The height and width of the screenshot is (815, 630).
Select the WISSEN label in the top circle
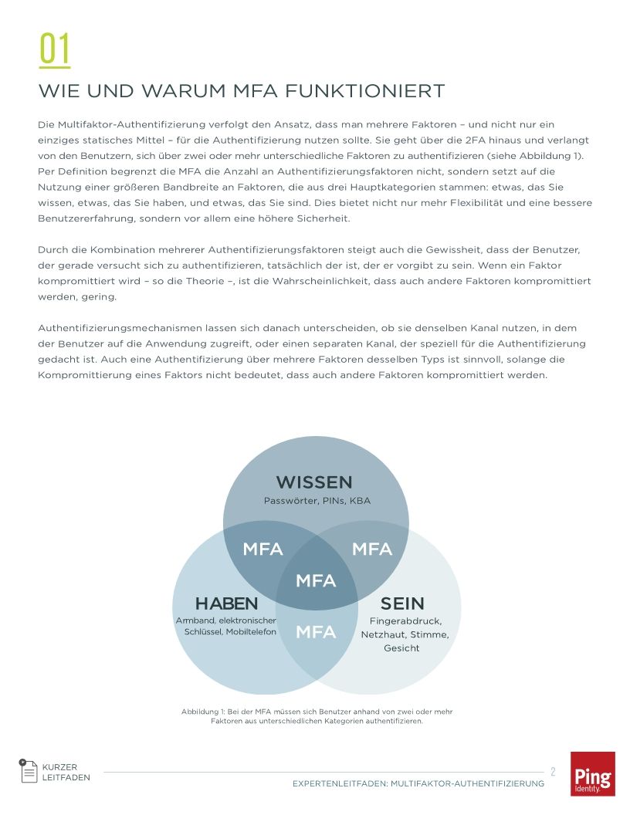[x=314, y=482]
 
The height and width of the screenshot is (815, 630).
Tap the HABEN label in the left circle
[x=226, y=603]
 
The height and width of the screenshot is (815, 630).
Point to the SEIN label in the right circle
[x=402, y=603]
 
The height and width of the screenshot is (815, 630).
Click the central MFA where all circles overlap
[x=316, y=580]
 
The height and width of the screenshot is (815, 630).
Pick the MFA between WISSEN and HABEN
[x=262, y=550]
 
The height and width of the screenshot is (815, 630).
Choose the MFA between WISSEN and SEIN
[x=372, y=550]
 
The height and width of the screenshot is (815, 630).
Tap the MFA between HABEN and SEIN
[x=316, y=632]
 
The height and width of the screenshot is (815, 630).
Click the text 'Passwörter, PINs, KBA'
[x=317, y=501]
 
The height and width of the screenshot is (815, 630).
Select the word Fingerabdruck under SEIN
[x=405, y=621]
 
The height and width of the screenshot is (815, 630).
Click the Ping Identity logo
[x=592, y=773]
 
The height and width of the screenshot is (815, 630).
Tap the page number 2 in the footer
[x=553, y=771]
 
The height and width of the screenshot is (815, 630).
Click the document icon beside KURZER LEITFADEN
[x=29, y=771]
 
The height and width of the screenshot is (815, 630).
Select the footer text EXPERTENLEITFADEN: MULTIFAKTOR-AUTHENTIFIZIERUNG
[x=418, y=783]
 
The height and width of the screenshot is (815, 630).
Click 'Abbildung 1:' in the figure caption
[x=203, y=712]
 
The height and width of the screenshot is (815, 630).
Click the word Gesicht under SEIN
[x=401, y=648]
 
